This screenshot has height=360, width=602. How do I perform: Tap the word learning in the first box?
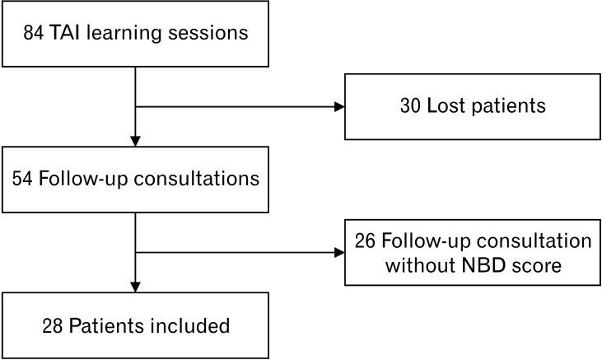click(x=129, y=34)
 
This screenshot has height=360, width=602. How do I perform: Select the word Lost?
click(x=450, y=107)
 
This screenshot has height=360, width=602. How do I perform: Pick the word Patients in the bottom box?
click(x=104, y=325)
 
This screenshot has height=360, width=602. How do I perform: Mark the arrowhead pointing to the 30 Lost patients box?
click(x=338, y=107)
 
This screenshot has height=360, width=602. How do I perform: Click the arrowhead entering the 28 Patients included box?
click(x=135, y=287)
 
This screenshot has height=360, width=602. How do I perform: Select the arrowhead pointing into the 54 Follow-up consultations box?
click(x=135, y=140)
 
